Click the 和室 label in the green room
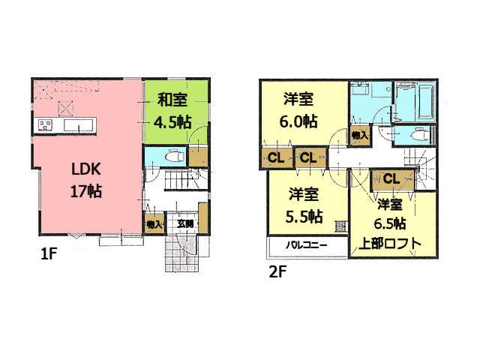coord(172,97)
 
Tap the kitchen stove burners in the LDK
coord(41,125)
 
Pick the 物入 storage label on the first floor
coord(154,223)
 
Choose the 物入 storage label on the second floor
coord(359,136)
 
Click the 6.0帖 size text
coord(298,121)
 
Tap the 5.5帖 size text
coord(305,217)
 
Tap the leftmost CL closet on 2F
coord(274,158)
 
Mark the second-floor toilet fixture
coord(418,136)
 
